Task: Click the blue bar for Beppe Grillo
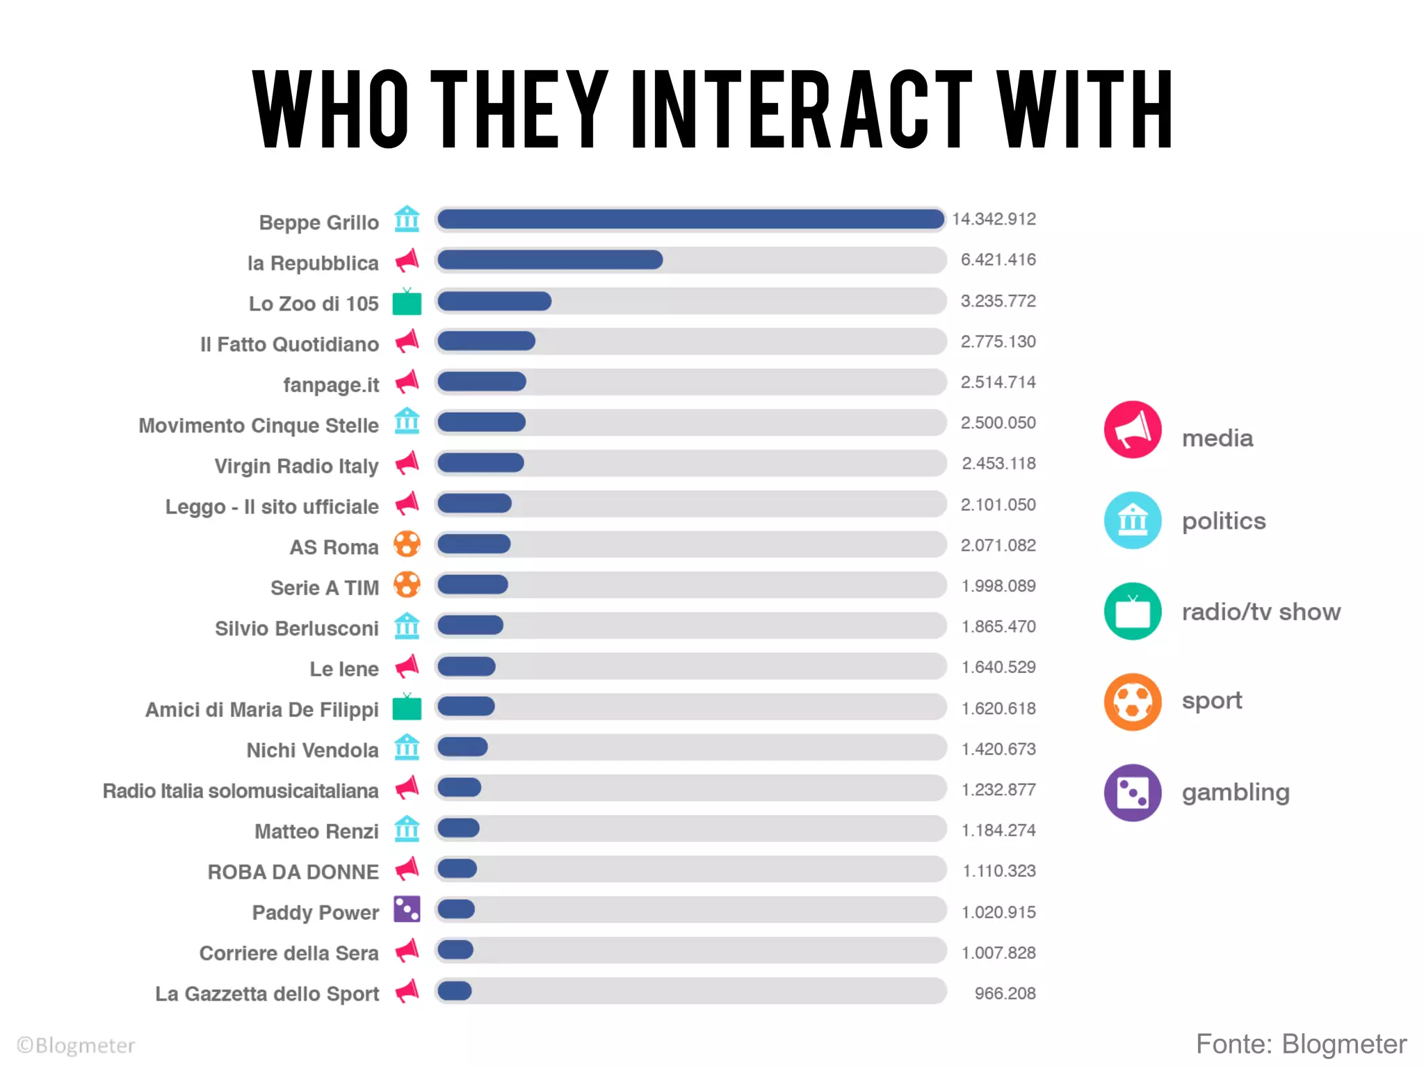pyautogui.click(x=690, y=220)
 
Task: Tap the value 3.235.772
pyautogui.click(x=998, y=301)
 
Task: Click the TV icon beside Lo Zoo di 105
pyautogui.click(x=407, y=303)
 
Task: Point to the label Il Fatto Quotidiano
pyautogui.click(x=289, y=344)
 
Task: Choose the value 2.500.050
pyautogui.click(x=998, y=423)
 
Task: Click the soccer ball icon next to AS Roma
pyautogui.click(x=407, y=544)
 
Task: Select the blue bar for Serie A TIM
pyautogui.click(x=473, y=585)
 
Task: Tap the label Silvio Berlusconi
pyautogui.click(x=296, y=629)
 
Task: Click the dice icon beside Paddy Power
pyautogui.click(x=407, y=909)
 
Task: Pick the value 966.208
pyautogui.click(x=1005, y=994)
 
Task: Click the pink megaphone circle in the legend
pyautogui.click(x=1133, y=430)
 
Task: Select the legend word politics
pyautogui.click(x=1224, y=521)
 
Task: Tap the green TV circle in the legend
pyautogui.click(x=1133, y=611)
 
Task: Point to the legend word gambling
pyautogui.click(x=1236, y=792)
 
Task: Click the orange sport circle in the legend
pyautogui.click(x=1133, y=702)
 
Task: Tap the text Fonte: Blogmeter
pyautogui.click(x=1301, y=1044)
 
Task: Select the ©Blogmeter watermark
pyautogui.click(x=76, y=1046)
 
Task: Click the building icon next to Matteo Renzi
pyautogui.click(x=407, y=829)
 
